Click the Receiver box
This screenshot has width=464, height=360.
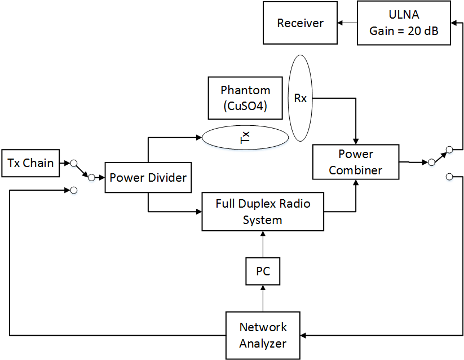[300, 23]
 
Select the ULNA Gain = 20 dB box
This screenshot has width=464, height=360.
[404, 23]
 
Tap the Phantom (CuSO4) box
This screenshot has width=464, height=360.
[245, 98]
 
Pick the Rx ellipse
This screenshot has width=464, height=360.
[301, 98]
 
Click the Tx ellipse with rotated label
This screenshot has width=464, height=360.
[245, 138]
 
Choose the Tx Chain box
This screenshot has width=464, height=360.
[31, 163]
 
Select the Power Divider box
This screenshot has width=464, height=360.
[148, 177]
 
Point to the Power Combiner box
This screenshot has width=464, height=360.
[356, 162]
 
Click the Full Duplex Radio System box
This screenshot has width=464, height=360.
[263, 212]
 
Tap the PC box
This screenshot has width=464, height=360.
[263, 271]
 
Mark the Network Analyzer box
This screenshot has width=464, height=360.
[263, 335]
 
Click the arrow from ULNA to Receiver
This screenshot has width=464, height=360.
[347, 23]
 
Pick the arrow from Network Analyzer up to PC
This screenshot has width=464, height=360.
[263, 298]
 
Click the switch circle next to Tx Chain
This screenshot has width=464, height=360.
[73, 163]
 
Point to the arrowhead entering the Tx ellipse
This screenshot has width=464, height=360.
[198, 138]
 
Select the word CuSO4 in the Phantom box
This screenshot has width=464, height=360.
[245, 106]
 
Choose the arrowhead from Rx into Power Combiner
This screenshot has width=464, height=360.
[356, 141]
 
